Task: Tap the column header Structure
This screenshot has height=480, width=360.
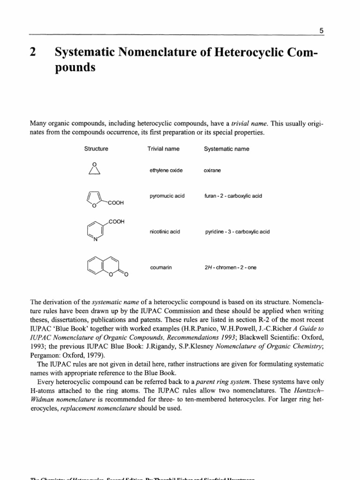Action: pos(96,149)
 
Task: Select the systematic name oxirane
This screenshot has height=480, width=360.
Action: pos(212,170)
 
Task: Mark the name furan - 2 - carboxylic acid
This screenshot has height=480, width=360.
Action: pos(233,195)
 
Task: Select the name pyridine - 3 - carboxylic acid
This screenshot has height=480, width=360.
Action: pos(237,232)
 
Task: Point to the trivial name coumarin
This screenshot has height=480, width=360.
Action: pos(159,267)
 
